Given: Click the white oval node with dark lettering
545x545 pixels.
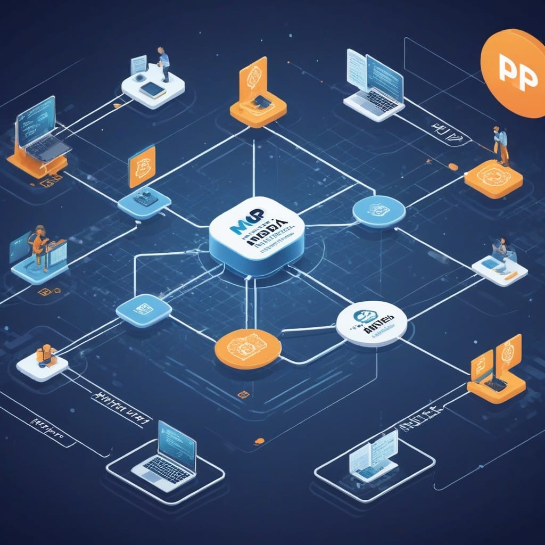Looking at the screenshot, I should (x=371, y=323).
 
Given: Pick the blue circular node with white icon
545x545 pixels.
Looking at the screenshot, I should (x=379, y=211).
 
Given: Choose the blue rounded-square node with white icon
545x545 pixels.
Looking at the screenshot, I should (x=143, y=310).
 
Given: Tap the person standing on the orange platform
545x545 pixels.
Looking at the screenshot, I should (x=500, y=145).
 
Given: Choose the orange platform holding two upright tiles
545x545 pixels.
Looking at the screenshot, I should (x=496, y=373).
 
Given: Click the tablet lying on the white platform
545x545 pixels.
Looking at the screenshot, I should (x=152, y=89).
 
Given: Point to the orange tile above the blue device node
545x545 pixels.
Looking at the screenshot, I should (x=142, y=166).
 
